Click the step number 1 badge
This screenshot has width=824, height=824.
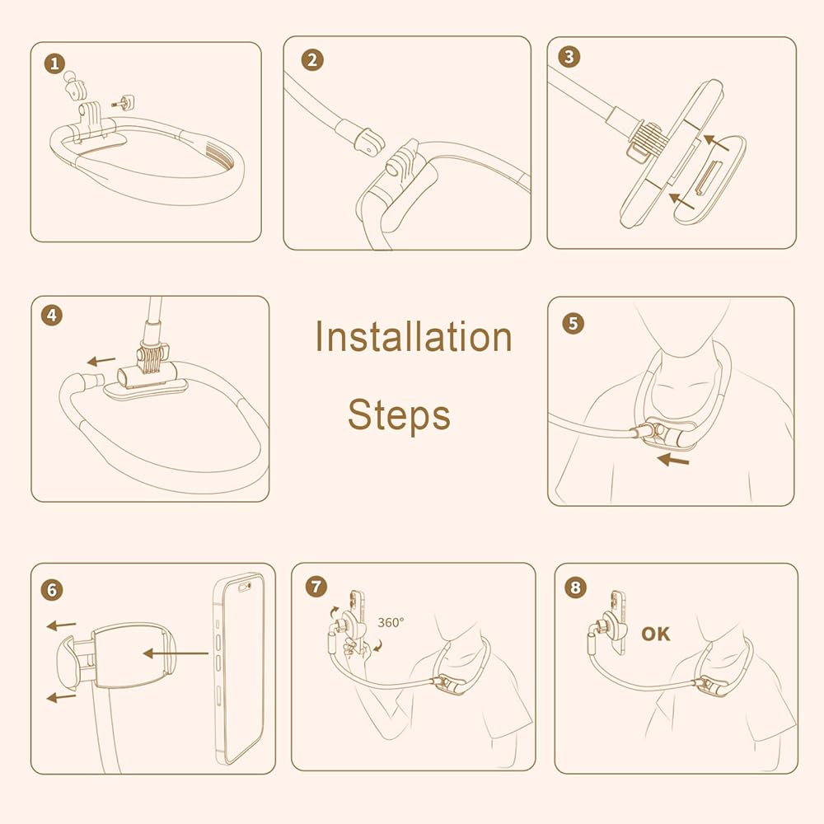coord(54,64)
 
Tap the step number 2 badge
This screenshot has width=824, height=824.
coord(312,60)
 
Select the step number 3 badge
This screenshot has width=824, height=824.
coord(569,57)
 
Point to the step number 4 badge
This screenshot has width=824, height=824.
coord(51,316)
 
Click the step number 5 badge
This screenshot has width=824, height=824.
coord(574,323)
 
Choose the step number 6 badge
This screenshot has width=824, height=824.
coord(51,590)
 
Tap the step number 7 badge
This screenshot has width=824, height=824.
coord(316,586)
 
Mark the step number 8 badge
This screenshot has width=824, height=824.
coord(575,587)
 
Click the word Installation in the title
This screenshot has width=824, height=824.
coord(413,336)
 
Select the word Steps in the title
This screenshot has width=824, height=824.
coord(400,414)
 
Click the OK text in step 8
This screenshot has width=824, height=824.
coord(656,634)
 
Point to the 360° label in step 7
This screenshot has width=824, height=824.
coord(391,622)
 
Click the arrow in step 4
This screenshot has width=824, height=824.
coord(101,361)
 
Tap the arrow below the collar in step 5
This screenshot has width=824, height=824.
coord(673,460)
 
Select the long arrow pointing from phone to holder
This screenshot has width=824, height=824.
coord(176,653)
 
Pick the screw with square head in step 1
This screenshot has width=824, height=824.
coord(124,101)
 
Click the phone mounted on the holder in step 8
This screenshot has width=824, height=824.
coord(618,622)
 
